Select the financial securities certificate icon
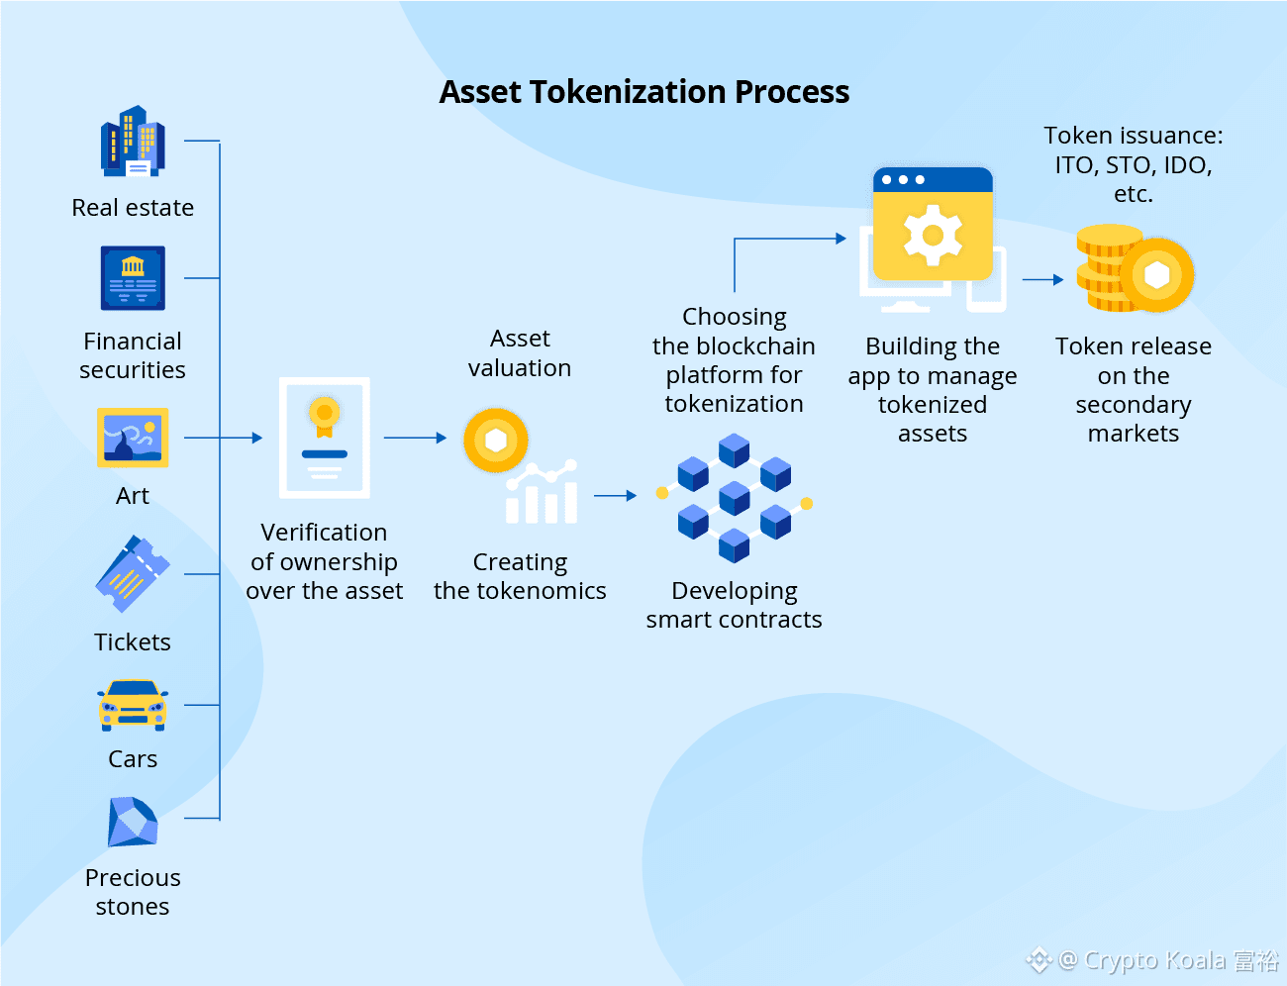click(133, 278)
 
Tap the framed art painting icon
click(133, 437)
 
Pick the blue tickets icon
click(132, 574)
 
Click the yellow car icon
click(133, 705)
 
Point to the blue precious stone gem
click(133, 822)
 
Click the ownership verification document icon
click(325, 438)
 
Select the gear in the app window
click(933, 235)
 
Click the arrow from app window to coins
click(1043, 280)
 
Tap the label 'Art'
click(133, 496)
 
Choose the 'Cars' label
click(133, 759)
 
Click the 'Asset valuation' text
click(520, 353)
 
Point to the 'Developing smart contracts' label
click(734, 605)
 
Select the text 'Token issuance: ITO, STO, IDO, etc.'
click(1134, 164)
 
